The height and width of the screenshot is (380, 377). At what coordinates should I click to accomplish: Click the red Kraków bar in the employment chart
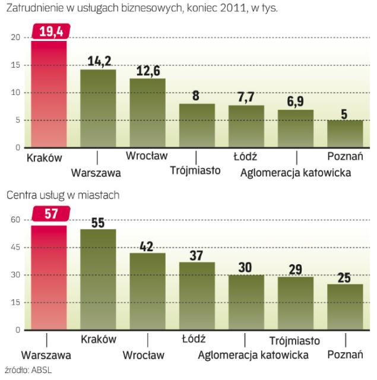[x=48, y=95]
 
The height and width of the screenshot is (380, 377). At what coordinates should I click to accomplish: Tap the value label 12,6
[x=147, y=70]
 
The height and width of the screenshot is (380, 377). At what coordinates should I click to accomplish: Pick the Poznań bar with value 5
[x=345, y=134]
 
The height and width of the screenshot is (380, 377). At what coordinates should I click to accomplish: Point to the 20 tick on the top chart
[x=16, y=38]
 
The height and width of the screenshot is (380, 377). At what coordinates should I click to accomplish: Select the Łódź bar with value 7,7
[x=246, y=126]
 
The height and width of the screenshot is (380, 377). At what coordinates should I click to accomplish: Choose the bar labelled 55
[x=98, y=279]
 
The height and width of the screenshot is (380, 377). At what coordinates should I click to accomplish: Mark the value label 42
[x=147, y=245]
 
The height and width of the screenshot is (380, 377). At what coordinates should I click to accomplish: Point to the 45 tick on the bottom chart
[x=16, y=248]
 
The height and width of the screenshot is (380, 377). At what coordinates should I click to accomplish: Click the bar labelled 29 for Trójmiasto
[x=295, y=303]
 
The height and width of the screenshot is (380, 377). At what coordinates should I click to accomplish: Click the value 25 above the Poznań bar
[x=345, y=275]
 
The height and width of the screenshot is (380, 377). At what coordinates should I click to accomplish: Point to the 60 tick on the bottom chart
[x=16, y=220]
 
